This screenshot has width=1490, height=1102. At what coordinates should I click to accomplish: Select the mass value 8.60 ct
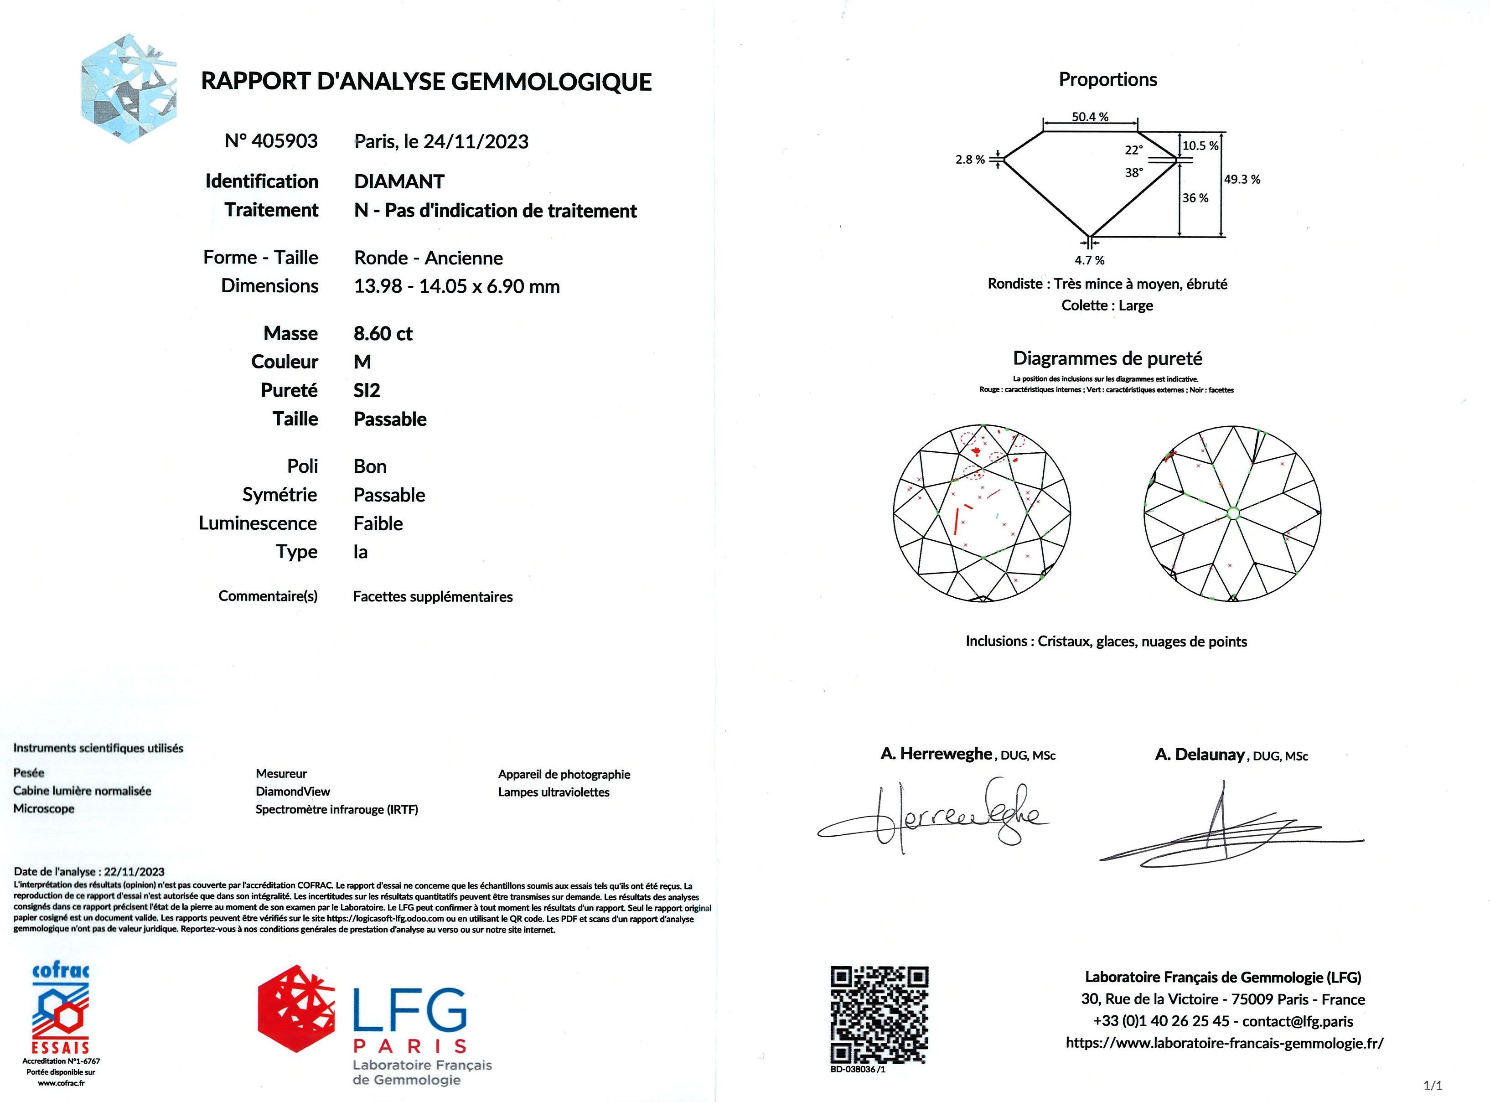pyautogui.click(x=383, y=334)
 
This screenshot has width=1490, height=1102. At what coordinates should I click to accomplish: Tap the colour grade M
pyautogui.click(x=362, y=362)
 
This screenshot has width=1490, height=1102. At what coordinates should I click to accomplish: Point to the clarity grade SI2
pyautogui.click(x=367, y=391)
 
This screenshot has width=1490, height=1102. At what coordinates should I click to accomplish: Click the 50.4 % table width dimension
pyautogui.click(x=1090, y=117)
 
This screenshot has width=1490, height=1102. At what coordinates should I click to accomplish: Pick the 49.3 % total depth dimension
pyautogui.click(x=1242, y=180)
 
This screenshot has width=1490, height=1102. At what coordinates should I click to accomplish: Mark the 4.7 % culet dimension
pyautogui.click(x=1089, y=260)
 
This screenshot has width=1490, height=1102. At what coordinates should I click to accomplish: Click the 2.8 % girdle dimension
pyautogui.click(x=970, y=160)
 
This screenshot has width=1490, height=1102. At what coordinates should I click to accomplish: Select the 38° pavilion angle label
pyautogui.click(x=1134, y=172)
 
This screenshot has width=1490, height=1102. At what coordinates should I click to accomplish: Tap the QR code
pyautogui.click(x=879, y=1014)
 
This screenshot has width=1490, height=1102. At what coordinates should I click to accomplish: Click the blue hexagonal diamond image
pyautogui.click(x=128, y=88)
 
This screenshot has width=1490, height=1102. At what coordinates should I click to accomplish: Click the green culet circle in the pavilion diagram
pyautogui.click(x=1232, y=513)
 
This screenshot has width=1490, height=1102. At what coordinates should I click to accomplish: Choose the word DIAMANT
pyautogui.click(x=399, y=181)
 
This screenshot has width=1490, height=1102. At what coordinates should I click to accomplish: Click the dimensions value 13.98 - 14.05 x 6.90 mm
pyautogui.click(x=456, y=287)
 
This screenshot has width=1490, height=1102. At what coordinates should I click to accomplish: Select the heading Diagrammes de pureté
pyautogui.click(x=1107, y=359)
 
